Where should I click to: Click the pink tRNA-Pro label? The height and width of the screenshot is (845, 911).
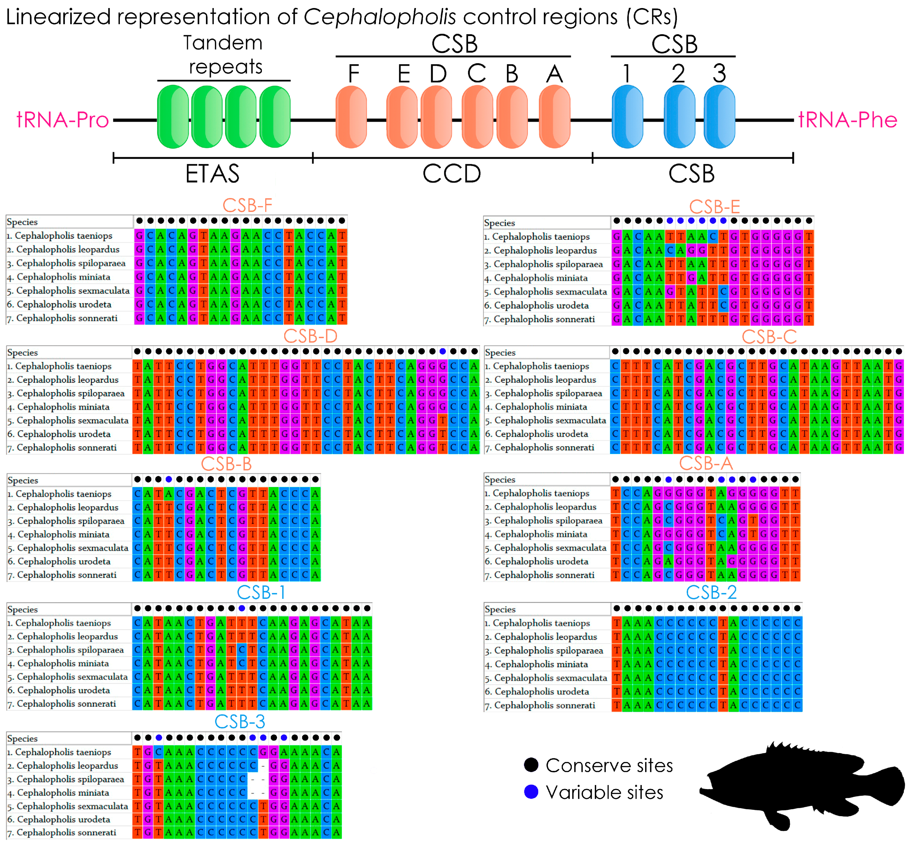click(x=63, y=120)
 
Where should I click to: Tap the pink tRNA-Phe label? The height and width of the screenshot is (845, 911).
click(x=847, y=120)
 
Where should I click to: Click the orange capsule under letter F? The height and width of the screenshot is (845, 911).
click(x=351, y=117)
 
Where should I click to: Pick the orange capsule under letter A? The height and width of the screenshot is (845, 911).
click(x=554, y=117)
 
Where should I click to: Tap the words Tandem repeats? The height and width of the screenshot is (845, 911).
click(x=224, y=55)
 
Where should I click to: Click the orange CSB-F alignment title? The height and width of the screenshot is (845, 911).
click(x=247, y=205)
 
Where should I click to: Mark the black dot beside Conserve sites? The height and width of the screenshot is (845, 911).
click(x=531, y=765)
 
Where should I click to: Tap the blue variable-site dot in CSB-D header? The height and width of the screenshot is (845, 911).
click(x=443, y=351)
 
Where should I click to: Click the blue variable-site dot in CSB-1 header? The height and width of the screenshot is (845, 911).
click(x=242, y=608)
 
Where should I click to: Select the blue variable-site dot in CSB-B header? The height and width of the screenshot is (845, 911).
click(x=169, y=479)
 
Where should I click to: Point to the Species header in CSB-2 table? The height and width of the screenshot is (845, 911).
click(x=500, y=609)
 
